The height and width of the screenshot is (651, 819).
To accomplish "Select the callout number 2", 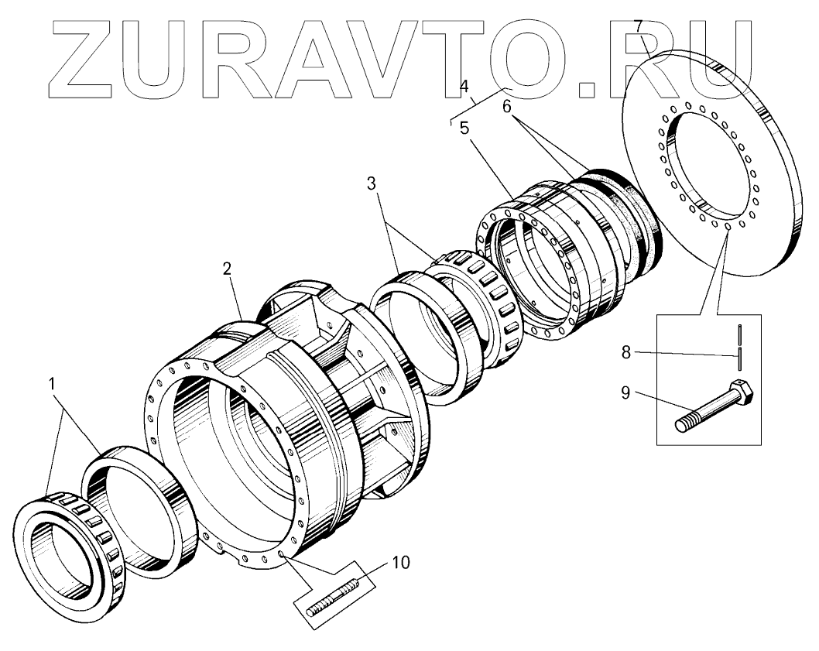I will pos(227,269).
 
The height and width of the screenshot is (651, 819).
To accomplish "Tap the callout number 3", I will pos(372,183).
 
